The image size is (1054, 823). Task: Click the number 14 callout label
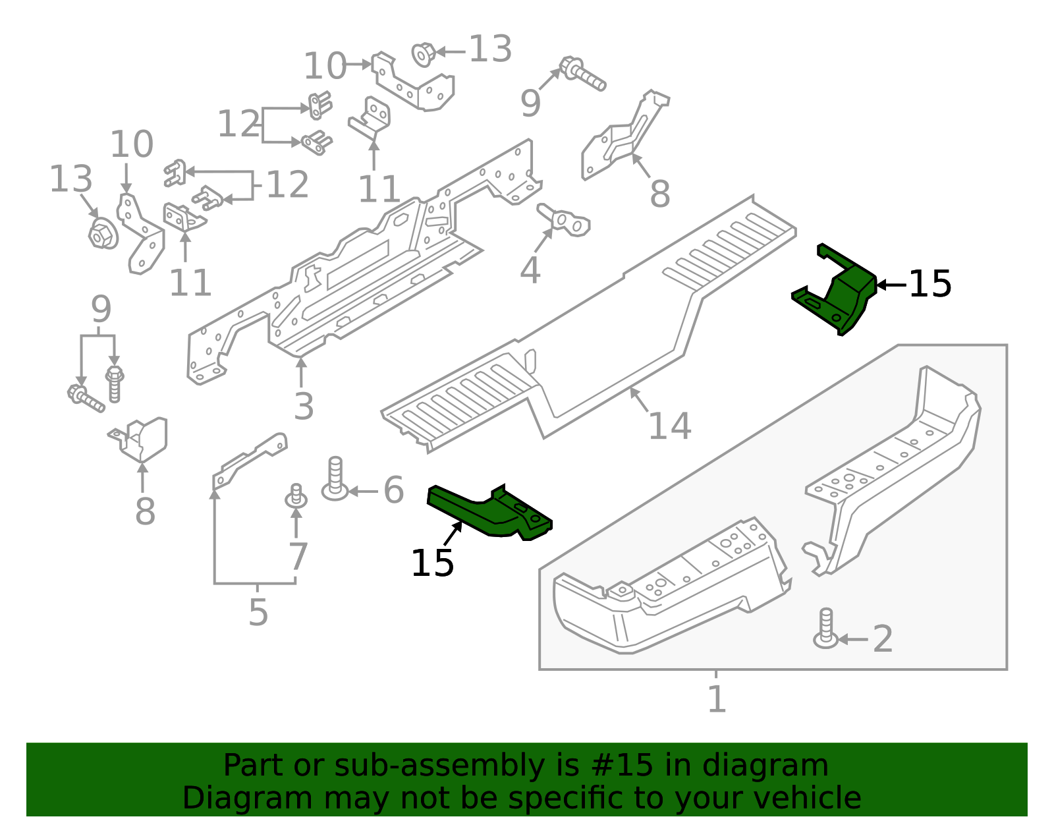pyautogui.click(x=669, y=426)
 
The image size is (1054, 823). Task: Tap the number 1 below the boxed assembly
pyautogui.click(x=716, y=699)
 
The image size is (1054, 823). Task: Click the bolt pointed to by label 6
pyautogui.click(x=335, y=478)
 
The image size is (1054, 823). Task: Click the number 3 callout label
pyautogui.click(x=303, y=406)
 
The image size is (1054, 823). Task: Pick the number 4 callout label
pyautogui.click(x=530, y=270)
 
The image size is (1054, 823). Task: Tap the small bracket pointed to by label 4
pyautogui.click(x=565, y=219)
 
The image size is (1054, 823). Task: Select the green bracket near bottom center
pyautogui.click(x=491, y=513)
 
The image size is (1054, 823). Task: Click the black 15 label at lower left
pyautogui.click(x=432, y=563)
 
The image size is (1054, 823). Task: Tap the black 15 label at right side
pyautogui.click(x=929, y=285)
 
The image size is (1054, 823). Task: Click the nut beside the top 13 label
pyautogui.click(x=423, y=54)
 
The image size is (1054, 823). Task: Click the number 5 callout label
pyautogui.click(x=258, y=613)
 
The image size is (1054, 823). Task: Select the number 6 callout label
pyautogui.click(x=393, y=491)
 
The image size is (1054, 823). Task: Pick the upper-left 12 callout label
pyautogui.click(x=238, y=124)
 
